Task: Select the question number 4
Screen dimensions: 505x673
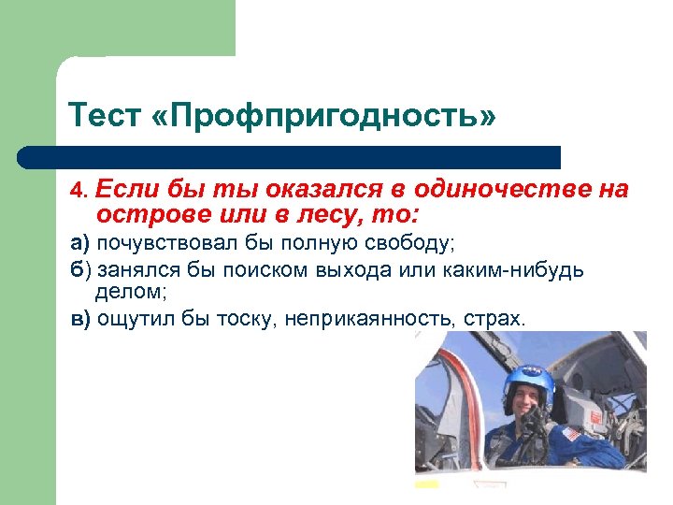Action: pyautogui.click(x=78, y=192)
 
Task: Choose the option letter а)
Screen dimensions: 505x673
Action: pyautogui.click(x=79, y=245)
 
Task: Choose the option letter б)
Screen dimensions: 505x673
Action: pyautogui.click(x=79, y=270)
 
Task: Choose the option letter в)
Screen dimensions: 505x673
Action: pyautogui.click(x=80, y=319)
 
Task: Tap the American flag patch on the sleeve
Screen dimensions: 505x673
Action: pyautogui.click(x=569, y=434)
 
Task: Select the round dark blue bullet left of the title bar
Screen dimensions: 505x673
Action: pyautogui.click(x=30, y=157)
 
